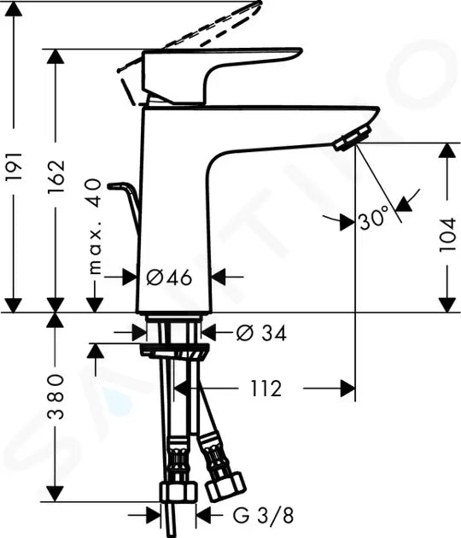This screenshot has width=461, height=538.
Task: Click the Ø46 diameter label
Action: click(168, 277)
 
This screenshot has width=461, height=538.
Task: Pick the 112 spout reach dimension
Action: click(266, 389)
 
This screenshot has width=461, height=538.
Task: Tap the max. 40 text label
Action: click(94, 226)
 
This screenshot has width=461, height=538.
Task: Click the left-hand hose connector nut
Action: click(178, 493)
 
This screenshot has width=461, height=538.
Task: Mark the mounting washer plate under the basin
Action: click(175, 350)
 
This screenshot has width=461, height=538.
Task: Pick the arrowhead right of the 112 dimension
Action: click(347, 389)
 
